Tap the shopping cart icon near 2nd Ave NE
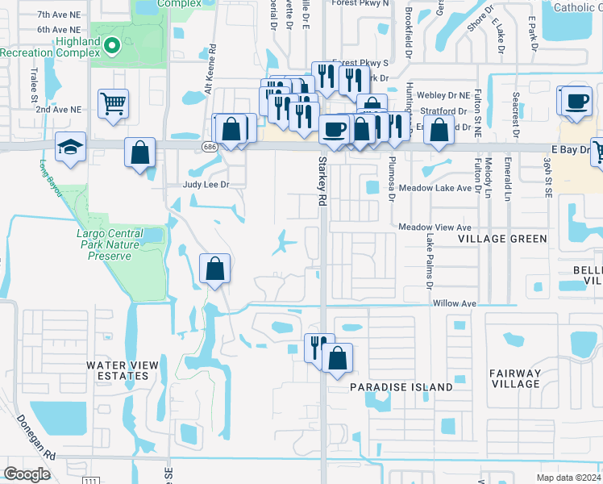113,103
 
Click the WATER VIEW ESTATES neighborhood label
118,370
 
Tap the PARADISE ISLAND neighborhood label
401,387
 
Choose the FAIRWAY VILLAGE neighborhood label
514,378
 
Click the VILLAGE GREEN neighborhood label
502,239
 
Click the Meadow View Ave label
435,227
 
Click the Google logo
27,474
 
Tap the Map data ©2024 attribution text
568,478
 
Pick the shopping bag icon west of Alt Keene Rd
139,152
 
